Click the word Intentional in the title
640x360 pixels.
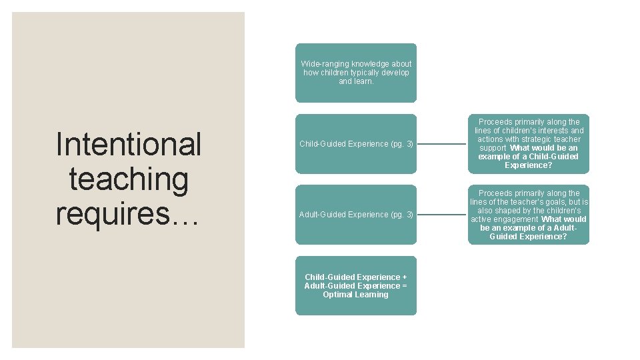click(129, 144)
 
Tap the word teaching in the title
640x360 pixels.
click(129, 179)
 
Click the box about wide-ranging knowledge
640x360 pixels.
click(356, 73)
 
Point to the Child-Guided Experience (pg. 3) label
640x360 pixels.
click(356, 144)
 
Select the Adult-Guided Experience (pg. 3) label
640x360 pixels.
click(356, 215)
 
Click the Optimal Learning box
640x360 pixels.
click(356, 285)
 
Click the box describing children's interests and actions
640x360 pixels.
click(529, 143)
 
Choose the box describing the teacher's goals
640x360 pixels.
click(529, 215)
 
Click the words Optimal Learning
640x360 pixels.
click(355, 295)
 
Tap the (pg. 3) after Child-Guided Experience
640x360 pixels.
click(402, 144)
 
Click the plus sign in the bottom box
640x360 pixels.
click(403, 277)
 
